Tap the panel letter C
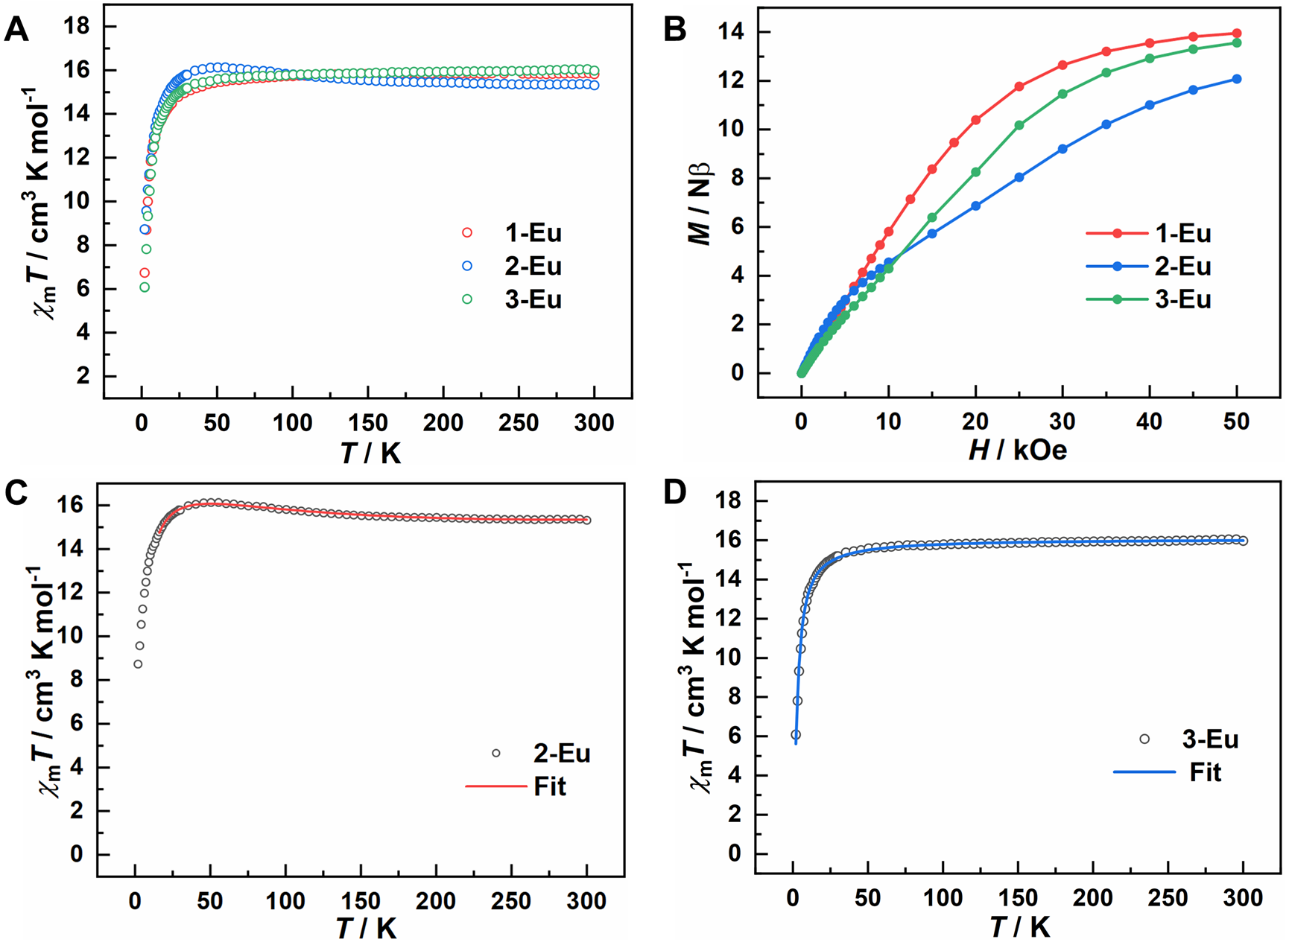(x=16, y=493)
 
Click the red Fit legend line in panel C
(x=495, y=786)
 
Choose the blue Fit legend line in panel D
(x=1144, y=772)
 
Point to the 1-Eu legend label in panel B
(x=1183, y=233)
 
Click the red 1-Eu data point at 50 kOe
(x=1237, y=34)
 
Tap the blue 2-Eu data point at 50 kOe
(x=1237, y=79)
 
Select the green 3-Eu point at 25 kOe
(x=1019, y=125)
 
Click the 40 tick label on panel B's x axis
(x=1149, y=421)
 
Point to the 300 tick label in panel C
(x=586, y=901)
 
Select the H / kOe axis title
(x=1017, y=450)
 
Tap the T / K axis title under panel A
(x=370, y=452)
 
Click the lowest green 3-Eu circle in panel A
(x=145, y=287)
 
